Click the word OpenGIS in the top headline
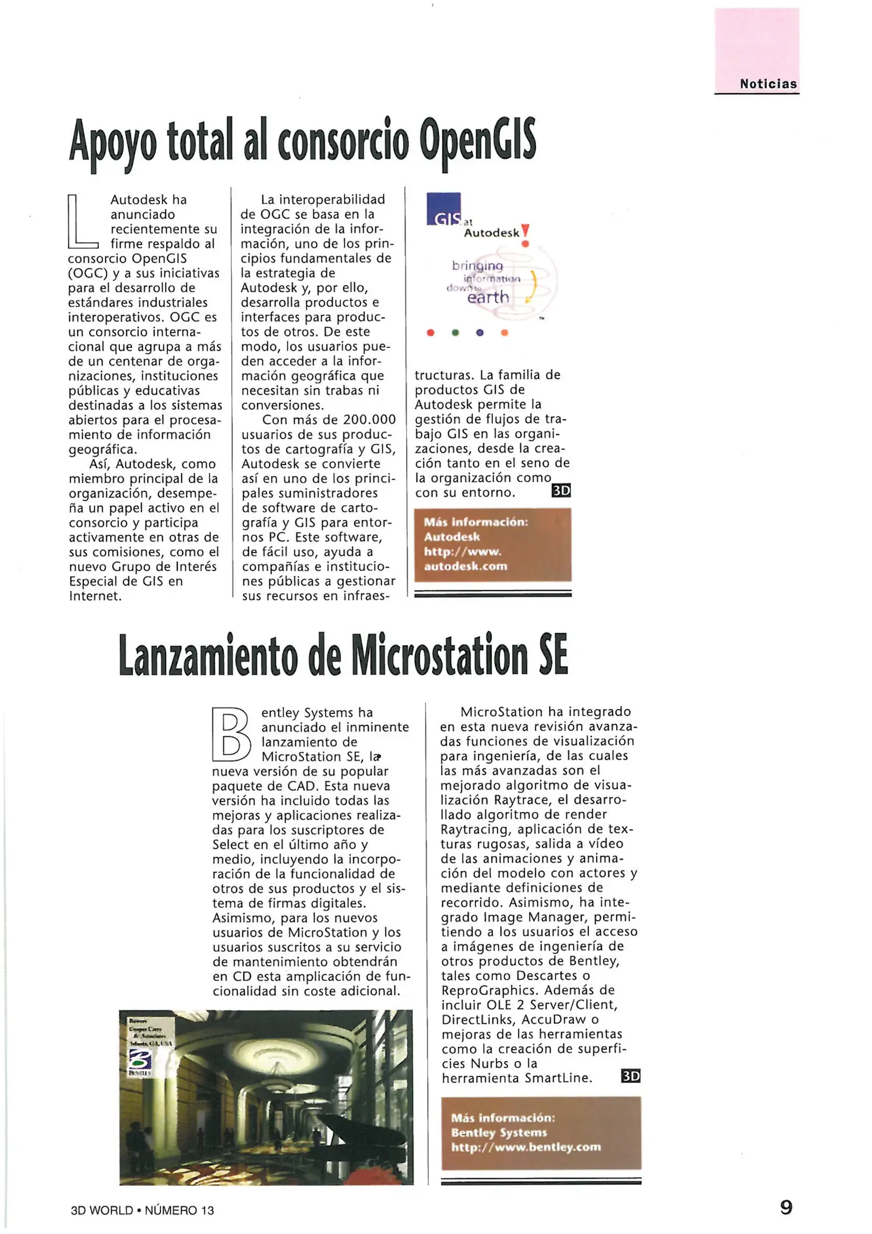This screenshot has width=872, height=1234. pos(477,141)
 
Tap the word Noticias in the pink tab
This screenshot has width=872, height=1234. pos(768,84)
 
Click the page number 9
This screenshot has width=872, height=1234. pos(786,1207)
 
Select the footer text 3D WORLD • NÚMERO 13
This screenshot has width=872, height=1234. pos(142,1210)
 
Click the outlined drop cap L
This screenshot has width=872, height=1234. pos(83,222)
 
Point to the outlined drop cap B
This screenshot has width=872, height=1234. pos(231,735)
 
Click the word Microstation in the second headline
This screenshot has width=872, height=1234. pos(439,656)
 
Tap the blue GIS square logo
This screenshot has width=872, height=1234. pos(444,209)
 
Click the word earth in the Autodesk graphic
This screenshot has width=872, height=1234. pos(488,298)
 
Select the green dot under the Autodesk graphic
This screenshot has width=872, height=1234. pos(455,332)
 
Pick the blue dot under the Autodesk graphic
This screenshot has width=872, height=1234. pos(480,332)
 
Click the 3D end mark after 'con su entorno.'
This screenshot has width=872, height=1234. pos(561,491)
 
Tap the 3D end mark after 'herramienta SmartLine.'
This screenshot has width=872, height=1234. pos(630,1076)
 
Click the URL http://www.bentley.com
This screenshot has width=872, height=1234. pos(526,1147)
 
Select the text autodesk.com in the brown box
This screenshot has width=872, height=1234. pos(465,566)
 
